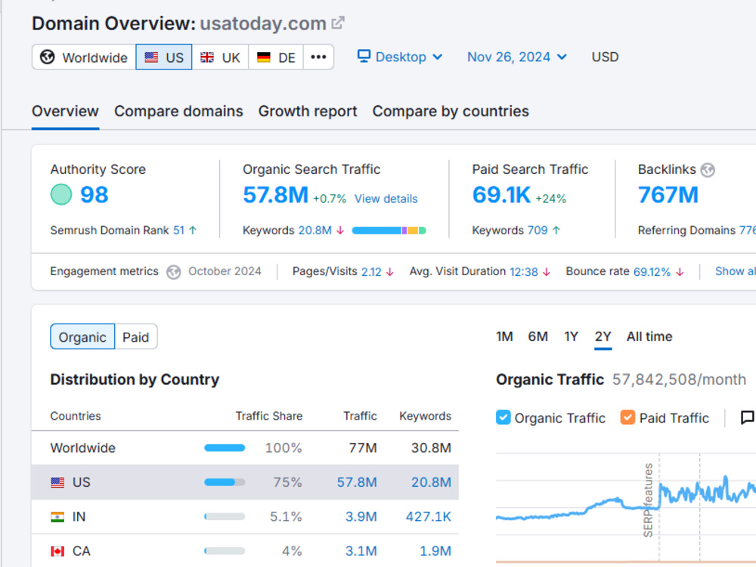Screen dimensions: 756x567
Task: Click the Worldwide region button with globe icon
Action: click(84, 57)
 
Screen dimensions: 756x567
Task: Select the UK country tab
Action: click(220, 57)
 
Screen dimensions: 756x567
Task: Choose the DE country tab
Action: click(276, 57)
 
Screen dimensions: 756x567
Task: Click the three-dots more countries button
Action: click(318, 57)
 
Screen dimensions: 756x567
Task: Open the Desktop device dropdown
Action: click(400, 57)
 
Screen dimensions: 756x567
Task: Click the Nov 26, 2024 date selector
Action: click(517, 57)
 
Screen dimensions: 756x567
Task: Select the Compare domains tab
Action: click(178, 111)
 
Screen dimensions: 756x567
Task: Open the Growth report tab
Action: click(308, 111)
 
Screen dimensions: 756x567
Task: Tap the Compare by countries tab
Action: click(451, 111)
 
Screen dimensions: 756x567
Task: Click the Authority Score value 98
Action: click(94, 195)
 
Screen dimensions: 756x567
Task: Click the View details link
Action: click(386, 199)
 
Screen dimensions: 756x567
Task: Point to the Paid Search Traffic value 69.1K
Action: click(501, 195)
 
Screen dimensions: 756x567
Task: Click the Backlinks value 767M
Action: click(668, 195)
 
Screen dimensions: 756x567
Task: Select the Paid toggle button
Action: click(136, 336)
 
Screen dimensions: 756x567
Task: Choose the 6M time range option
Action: click(538, 336)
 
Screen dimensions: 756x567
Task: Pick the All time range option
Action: click(649, 336)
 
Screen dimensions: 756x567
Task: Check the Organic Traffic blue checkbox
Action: click(503, 417)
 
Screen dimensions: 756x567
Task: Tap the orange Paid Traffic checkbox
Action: click(627, 417)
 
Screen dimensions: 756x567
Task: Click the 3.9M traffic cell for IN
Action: click(361, 517)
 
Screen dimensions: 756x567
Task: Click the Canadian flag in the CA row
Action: click(57, 551)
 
